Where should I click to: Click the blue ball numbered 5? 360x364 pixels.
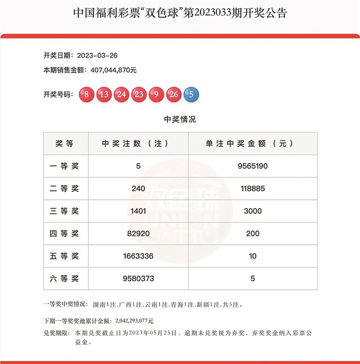click(x=191, y=94)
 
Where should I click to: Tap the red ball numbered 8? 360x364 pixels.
click(x=87, y=94)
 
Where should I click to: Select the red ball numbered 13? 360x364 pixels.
click(x=104, y=94)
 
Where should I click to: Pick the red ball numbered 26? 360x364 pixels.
click(x=174, y=94)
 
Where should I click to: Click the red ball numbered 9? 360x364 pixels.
click(x=156, y=94)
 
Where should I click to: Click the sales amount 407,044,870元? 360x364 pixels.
click(x=105, y=70)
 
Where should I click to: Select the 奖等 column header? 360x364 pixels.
click(x=65, y=144)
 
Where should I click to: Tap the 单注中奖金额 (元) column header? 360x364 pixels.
click(x=253, y=144)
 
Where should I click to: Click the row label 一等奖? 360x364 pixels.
click(x=65, y=166)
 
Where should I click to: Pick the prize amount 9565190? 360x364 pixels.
click(x=253, y=166)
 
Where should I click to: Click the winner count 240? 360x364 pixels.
click(x=138, y=189)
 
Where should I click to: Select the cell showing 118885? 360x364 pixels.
click(x=253, y=189)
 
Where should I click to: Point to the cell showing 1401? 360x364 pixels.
click(x=138, y=211)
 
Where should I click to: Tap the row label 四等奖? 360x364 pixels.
click(x=65, y=234)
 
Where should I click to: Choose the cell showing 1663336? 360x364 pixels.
click(x=138, y=256)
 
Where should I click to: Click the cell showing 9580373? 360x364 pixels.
click(x=138, y=279)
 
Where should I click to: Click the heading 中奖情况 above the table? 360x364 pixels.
click(x=180, y=119)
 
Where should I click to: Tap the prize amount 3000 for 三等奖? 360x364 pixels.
click(x=253, y=211)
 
